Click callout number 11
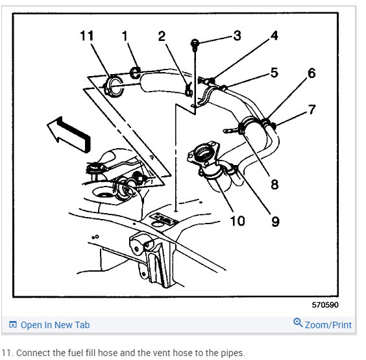(x=87, y=36)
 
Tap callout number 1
(x=125, y=36)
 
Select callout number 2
(x=162, y=36)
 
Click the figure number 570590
(x=325, y=305)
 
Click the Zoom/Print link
(x=328, y=325)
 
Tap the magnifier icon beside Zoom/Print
(x=298, y=322)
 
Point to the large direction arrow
(x=69, y=135)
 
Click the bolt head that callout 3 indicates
(x=195, y=44)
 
